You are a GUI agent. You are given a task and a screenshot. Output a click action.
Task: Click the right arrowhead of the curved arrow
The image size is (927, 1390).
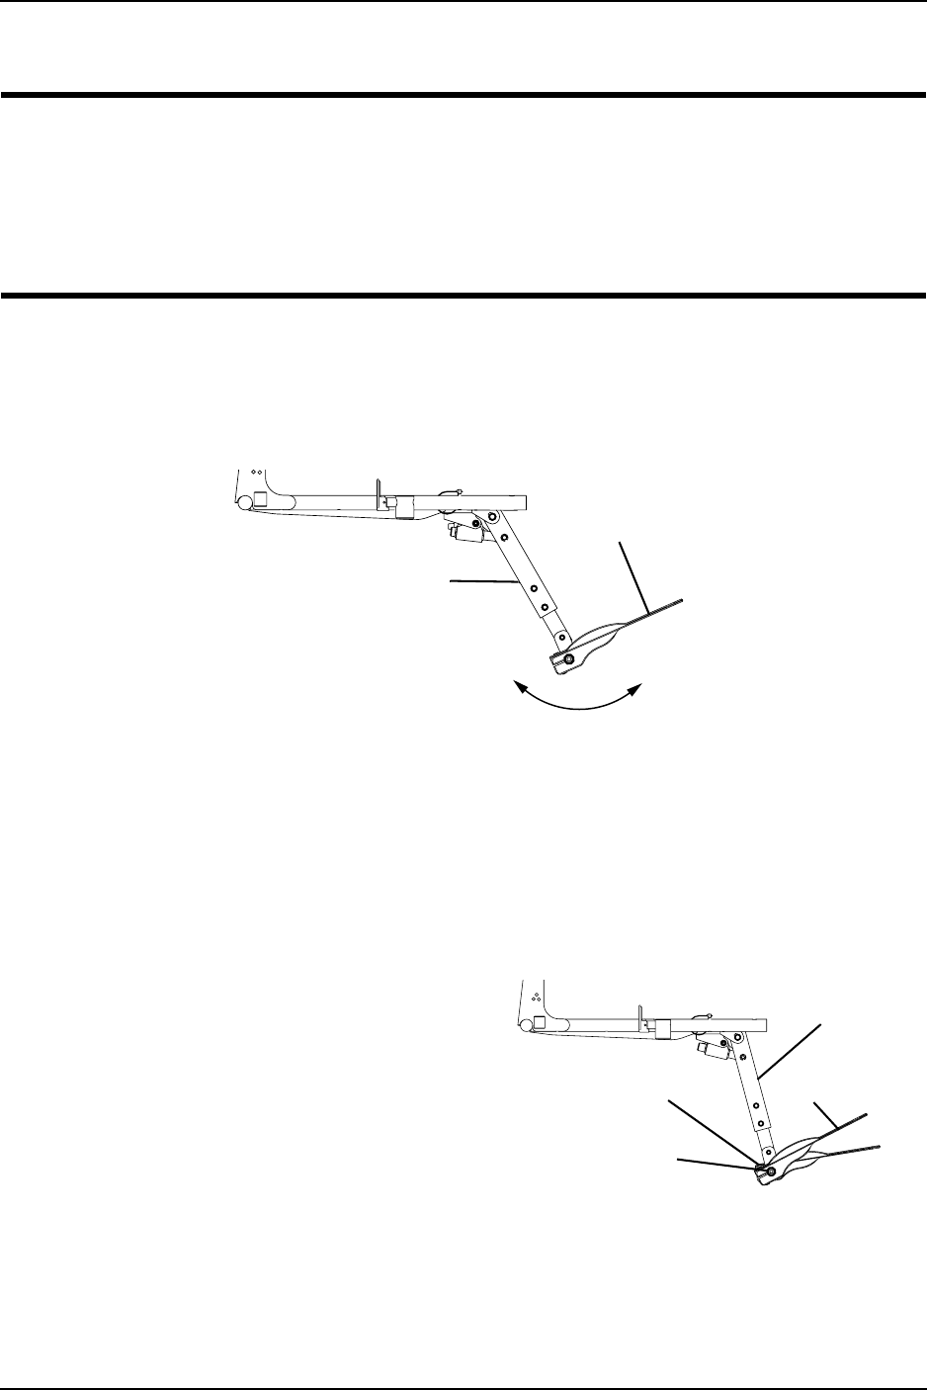coord(637,686)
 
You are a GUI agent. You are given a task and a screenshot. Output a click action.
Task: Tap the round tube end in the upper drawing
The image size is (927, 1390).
coord(244,501)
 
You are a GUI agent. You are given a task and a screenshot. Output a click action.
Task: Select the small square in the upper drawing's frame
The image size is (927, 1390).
coord(260,498)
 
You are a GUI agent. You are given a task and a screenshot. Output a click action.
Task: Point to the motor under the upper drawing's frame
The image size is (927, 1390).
coord(463,534)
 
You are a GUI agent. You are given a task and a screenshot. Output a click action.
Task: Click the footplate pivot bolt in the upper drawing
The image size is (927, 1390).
coord(568,659)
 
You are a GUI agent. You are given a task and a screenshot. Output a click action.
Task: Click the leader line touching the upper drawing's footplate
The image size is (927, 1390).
coord(632,573)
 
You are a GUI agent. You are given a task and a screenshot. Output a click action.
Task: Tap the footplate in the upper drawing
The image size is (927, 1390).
coord(613,638)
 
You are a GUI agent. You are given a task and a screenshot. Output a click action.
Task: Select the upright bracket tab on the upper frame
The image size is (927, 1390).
coord(377,489)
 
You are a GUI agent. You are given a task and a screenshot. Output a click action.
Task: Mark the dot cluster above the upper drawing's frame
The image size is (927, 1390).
coord(255,473)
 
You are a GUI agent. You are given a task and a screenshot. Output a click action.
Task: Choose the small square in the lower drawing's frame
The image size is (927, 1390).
coord(540,1023)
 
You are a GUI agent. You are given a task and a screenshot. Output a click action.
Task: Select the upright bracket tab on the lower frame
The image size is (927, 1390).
coord(640,1015)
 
